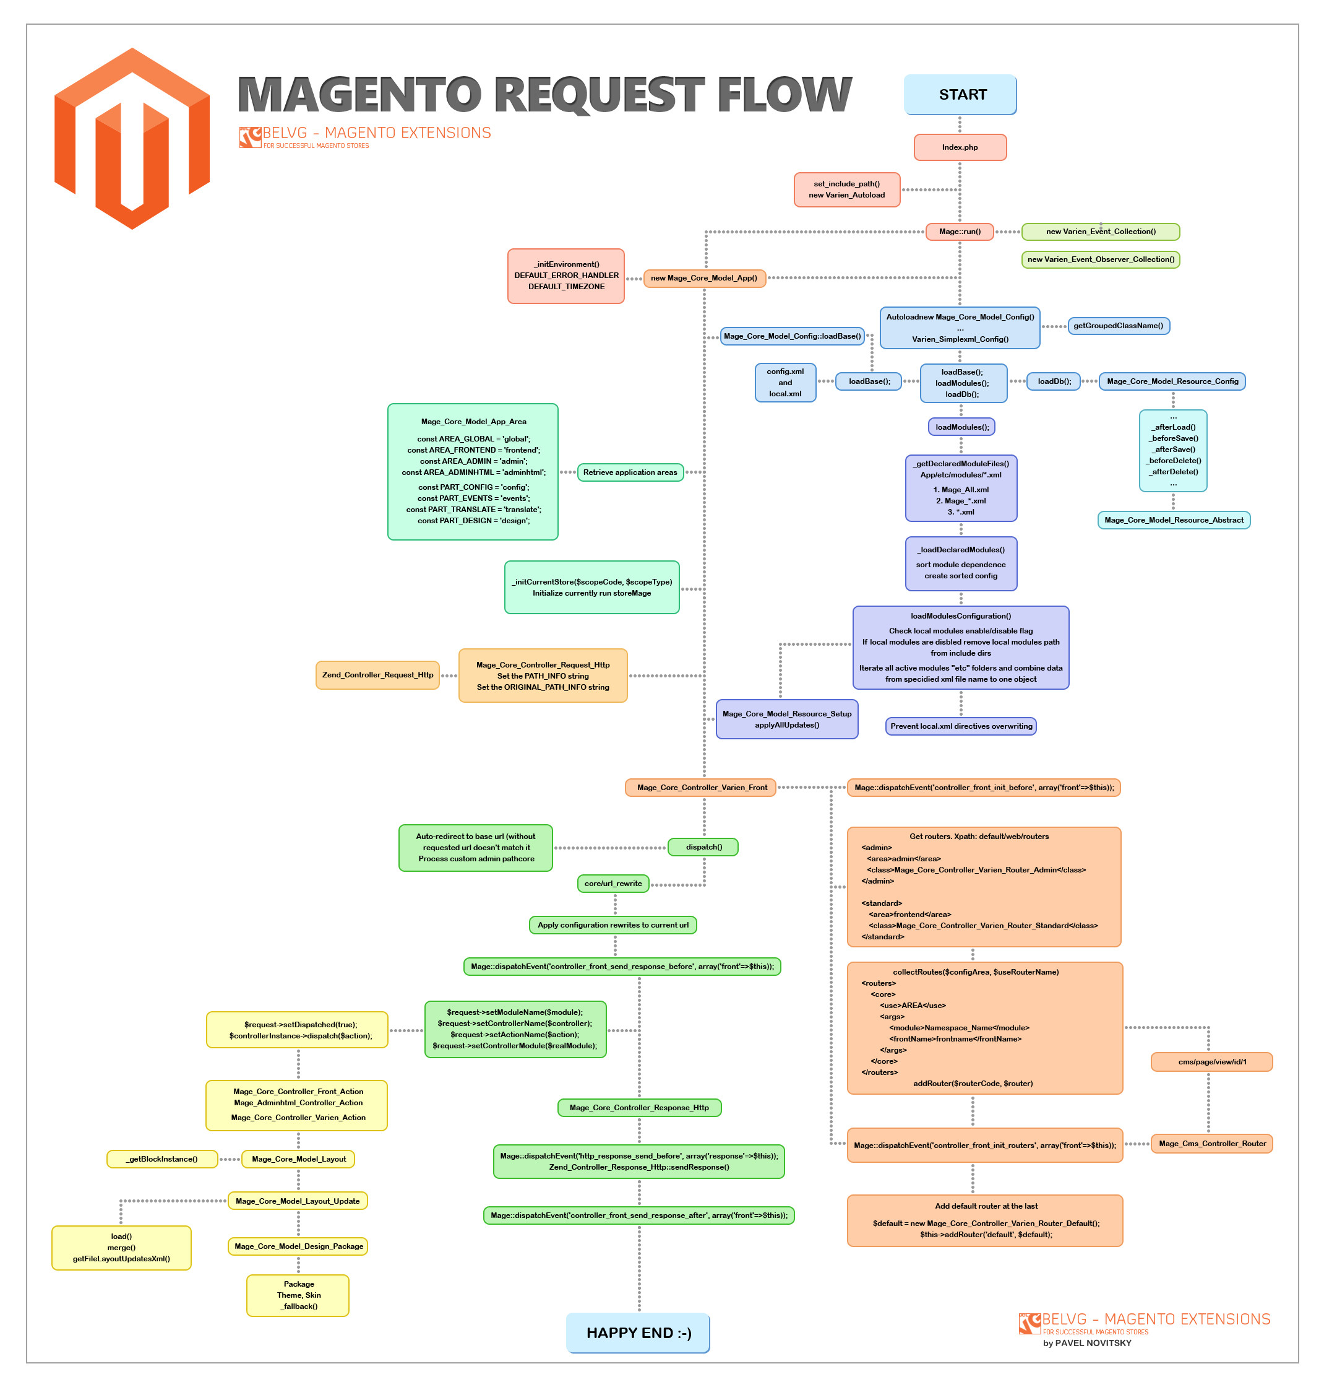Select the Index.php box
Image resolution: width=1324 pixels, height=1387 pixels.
tap(960, 147)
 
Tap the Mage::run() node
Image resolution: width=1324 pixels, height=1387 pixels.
tap(960, 232)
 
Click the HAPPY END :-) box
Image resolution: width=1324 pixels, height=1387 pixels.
tap(638, 1333)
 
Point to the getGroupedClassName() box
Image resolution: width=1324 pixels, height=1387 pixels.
tap(1118, 326)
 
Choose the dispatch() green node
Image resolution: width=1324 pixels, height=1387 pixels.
tap(703, 846)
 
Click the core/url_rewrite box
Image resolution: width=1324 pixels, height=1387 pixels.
tap(613, 884)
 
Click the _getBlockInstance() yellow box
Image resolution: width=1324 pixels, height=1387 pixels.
tap(161, 1159)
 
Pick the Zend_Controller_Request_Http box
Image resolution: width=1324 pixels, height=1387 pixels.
tap(377, 675)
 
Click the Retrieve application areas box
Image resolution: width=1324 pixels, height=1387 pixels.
tap(630, 472)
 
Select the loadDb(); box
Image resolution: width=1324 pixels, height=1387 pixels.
tap(1054, 381)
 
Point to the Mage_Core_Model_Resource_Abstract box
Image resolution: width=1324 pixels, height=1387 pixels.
tap(1173, 520)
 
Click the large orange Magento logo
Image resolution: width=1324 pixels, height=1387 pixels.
tap(132, 139)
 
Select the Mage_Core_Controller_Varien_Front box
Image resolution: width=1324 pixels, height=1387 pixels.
tap(701, 788)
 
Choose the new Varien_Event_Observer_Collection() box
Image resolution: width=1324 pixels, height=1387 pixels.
tap(1100, 259)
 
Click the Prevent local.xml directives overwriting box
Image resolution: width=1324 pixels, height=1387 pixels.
tap(961, 726)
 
